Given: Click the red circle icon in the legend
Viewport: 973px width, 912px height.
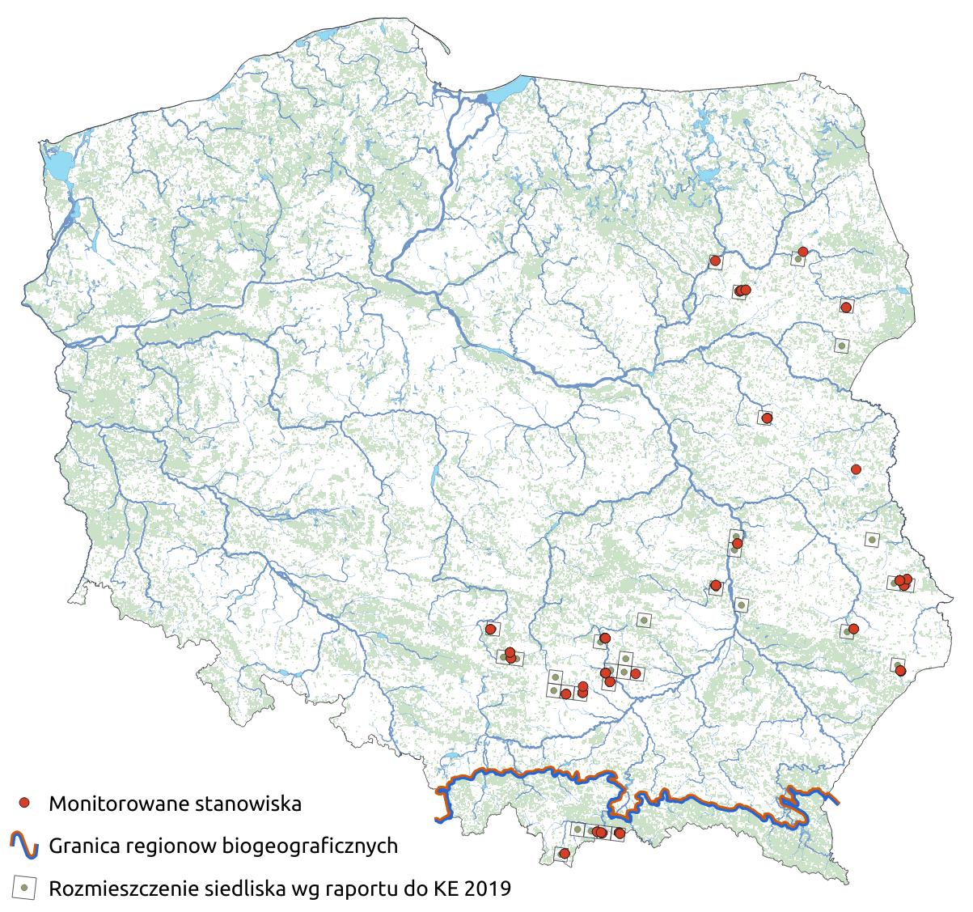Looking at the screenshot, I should click(x=24, y=803).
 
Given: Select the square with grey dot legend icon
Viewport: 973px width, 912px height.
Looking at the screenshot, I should click(x=24, y=888).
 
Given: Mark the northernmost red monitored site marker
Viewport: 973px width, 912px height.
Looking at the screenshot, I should click(x=802, y=252).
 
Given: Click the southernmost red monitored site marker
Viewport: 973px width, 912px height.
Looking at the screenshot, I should click(x=565, y=853).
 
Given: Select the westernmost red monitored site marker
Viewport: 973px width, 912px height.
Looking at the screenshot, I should click(x=490, y=629).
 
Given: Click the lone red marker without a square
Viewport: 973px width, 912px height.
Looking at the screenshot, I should click(x=856, y=469).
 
